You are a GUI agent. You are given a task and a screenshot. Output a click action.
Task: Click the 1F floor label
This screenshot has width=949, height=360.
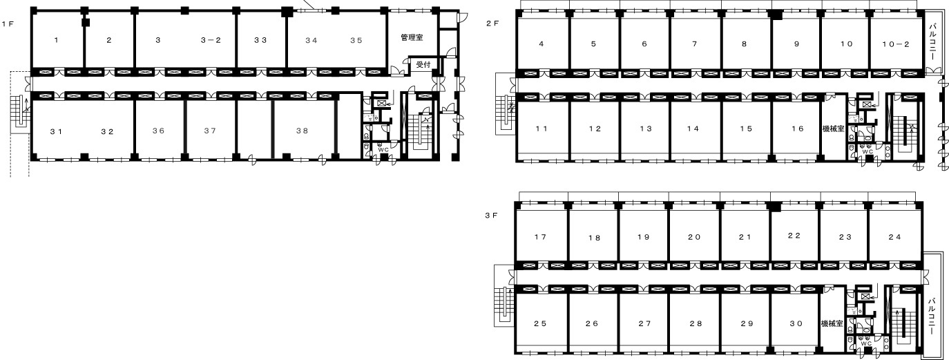point(8,23)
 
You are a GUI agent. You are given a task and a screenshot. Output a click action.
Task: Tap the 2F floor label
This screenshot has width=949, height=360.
point(492,23)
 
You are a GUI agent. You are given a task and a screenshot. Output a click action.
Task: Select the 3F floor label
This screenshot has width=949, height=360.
point(492,216)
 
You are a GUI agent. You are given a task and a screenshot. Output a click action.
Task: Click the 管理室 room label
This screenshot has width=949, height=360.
point(412,37)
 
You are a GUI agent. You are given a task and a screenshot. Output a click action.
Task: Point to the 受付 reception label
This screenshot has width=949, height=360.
point(423,64)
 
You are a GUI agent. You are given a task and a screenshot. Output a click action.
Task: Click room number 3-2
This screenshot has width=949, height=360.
point(211,40)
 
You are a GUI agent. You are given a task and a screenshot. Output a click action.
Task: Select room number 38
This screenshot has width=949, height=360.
point(302,131)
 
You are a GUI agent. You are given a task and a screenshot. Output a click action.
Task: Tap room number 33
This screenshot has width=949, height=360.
point(260,40)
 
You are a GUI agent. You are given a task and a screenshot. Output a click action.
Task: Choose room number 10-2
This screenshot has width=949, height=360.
point(896,44)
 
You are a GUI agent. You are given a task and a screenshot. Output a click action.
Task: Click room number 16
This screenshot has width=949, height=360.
point(797,129)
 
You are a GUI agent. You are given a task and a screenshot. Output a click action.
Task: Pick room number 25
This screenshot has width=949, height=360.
point(540,323)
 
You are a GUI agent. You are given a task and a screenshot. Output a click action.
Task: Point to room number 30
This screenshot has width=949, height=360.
point(796,323)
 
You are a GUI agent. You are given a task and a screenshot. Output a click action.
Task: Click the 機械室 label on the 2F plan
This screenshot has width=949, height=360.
point(834,129)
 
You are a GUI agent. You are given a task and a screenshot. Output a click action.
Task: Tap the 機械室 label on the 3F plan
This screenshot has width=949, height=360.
point(832,323)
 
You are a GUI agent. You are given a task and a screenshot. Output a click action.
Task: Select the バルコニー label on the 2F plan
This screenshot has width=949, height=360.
point(932,41)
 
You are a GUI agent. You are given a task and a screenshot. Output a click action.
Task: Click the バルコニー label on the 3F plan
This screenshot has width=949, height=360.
point(932,316)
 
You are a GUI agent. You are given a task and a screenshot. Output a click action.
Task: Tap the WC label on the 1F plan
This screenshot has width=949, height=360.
point(383,150)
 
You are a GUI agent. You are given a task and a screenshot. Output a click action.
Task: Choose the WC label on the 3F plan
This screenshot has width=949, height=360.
point(866,343)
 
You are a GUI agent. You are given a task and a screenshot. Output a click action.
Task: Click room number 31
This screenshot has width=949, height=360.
point(57,132)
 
